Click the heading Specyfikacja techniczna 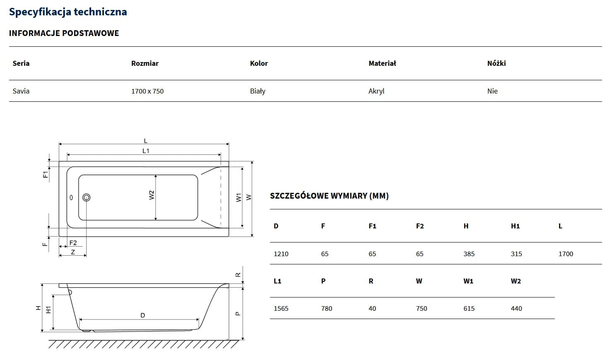tap(68, 12)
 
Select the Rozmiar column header tap(145, 63)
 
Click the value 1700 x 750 tap(147, 91)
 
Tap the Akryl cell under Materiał tap(376, 91)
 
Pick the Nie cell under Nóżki tap(492, 91)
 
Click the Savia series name tap(21, 91)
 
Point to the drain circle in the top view tap(87, 197)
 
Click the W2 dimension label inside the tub tap(152, 195)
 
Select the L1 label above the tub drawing tap(146, 151)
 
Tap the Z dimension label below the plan tap(73, 252)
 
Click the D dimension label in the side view tap(142, 315)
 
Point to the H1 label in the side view tap(48, 310)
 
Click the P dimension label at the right tap(238, 314)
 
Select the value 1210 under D tap(281, 254)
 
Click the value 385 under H tap(469, 254)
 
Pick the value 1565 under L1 tap(281, 308)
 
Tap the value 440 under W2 tap(516, 308)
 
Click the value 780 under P tap(326, 308)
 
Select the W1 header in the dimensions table tap(468, 281)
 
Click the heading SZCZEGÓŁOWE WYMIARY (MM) tap(329, 196)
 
